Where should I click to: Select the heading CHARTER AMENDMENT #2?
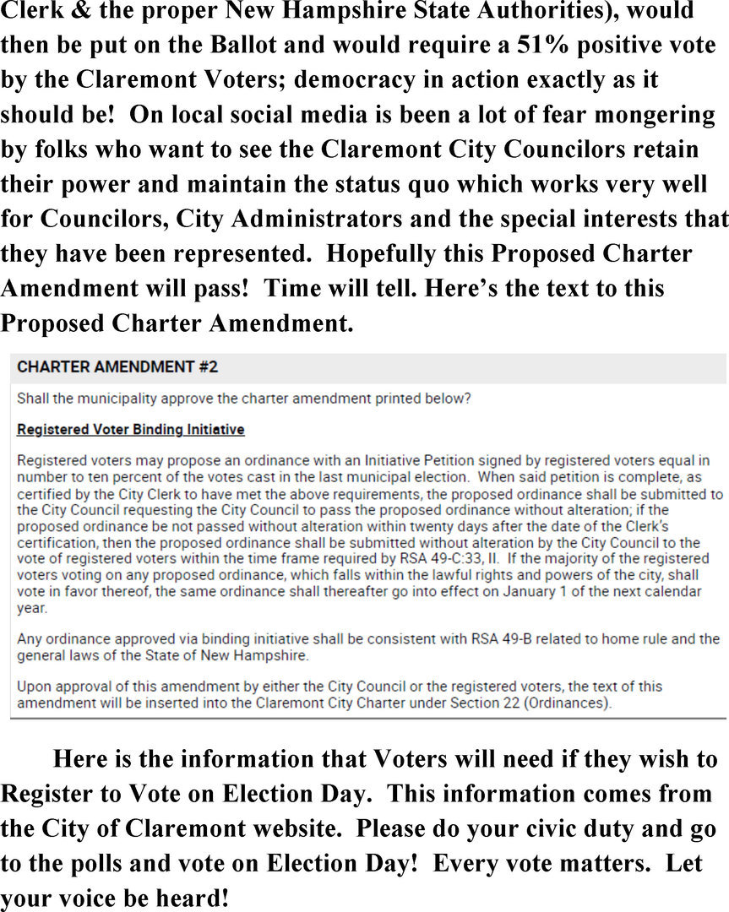(x=117, y=367)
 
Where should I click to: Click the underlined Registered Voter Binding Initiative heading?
(x=131, y=430)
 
